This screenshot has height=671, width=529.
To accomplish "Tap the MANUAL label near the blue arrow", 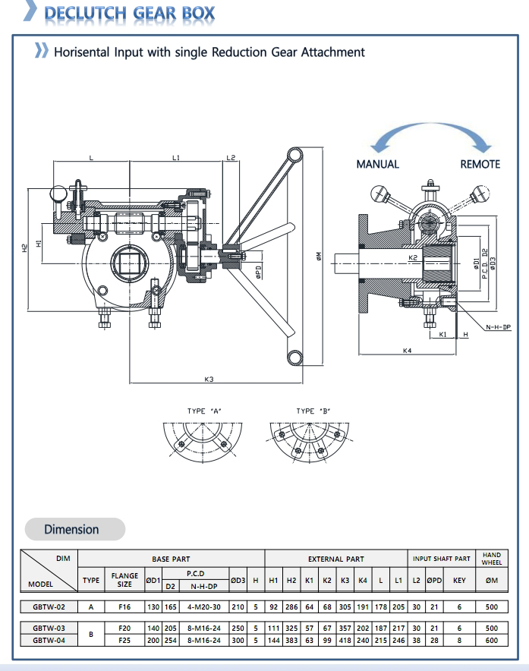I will (x=377, y=164).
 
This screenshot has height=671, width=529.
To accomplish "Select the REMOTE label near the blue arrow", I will (x=480, y=164).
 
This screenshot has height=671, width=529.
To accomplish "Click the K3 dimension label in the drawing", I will (x=209, y=378).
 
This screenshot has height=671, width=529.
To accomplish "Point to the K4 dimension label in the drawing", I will (x=407, y=351).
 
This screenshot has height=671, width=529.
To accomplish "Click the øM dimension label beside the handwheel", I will (x=318, y=257).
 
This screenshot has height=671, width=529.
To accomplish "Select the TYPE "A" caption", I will (x=204, y=411).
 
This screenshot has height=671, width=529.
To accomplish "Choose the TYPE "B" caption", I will (x=313, y=411).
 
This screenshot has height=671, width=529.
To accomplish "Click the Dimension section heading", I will (x=71, y=529).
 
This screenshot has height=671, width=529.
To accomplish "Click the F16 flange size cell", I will (x=124, y=607).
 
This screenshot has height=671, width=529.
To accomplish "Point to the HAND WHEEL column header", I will (x=491, y=559).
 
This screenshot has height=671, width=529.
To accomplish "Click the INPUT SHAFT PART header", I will (x=442, y=559).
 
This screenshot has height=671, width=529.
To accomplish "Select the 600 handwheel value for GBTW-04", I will (x=491, y=641).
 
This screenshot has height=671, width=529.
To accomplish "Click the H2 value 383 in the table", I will (x=291, y=641).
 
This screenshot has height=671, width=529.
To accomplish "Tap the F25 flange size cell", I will (x=124, y=641).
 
